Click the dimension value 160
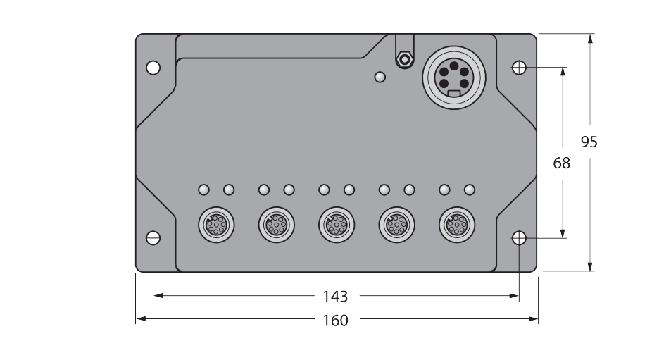335,320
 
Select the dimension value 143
335,296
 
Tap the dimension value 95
589,142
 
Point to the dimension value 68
561,163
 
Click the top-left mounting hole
153,68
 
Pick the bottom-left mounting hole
153,238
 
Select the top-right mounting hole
519,68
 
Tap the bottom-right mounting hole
519,238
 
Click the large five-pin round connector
454,77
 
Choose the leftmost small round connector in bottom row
217,225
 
